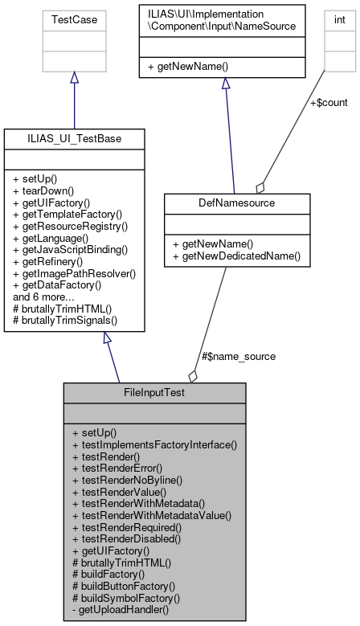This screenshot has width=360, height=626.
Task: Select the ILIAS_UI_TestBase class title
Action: [74, 140]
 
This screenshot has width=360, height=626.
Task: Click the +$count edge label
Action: [329, 102]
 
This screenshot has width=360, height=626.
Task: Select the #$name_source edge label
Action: [238, 356]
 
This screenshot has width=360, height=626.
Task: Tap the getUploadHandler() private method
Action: [121, 610]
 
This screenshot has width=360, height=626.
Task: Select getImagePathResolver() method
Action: [74, 272]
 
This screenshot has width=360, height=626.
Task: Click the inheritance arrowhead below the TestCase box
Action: [74, 78]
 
